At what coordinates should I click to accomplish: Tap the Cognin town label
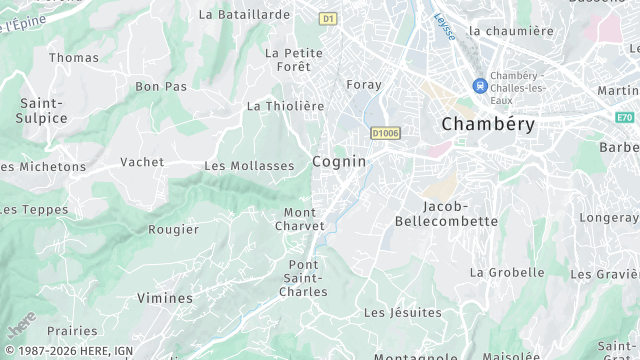(339, 161)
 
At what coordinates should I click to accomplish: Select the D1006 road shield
(384, 132)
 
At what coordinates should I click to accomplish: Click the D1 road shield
(329, 18)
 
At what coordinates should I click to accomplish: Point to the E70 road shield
(626, 117)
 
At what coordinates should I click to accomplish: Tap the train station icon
(481, 86)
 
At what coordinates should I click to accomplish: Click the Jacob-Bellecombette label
(446, 213)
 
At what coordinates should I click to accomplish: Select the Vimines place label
(164, 298)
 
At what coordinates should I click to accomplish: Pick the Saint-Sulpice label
(43, 110)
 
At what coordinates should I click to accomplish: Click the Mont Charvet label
(300, 219)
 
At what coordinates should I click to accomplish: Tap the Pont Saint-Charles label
(301, 278)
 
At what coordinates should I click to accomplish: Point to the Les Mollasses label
(249, 166)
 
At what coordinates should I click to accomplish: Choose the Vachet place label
(142, 162)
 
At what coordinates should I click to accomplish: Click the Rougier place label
(173, 229)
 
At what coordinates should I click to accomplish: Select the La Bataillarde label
(244, 15)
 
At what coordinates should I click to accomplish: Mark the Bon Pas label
(161, 87)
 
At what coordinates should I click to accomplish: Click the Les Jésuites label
(402, 313)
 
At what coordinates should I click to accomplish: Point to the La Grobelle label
(507, 272)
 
